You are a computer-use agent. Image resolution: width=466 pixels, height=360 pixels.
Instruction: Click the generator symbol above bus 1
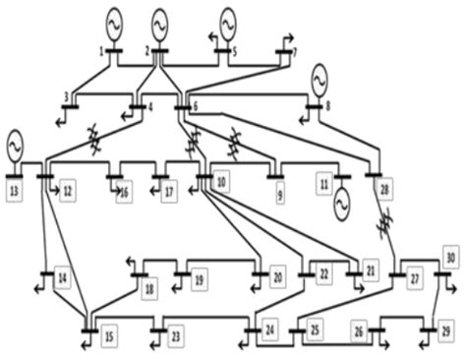(113, 20)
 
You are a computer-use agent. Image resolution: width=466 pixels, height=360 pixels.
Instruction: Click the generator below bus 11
(340, 203)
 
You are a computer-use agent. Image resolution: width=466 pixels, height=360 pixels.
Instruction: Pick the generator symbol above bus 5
(229, 20)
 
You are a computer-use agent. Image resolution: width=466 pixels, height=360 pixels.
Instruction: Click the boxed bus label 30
(450, 257)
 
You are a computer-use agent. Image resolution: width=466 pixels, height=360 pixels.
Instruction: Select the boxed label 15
(108, 337)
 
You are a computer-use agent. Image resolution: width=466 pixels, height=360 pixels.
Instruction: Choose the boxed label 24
(269, 329)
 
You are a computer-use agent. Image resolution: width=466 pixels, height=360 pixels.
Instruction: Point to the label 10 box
(221, 182)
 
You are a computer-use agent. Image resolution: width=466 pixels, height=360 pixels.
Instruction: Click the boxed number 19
(198, 279)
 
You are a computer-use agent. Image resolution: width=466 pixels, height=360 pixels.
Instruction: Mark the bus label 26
(358, 331)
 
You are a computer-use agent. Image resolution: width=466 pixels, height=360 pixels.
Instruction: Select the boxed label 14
(62, 279)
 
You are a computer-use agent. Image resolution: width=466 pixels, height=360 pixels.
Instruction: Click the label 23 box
(175, 337)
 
